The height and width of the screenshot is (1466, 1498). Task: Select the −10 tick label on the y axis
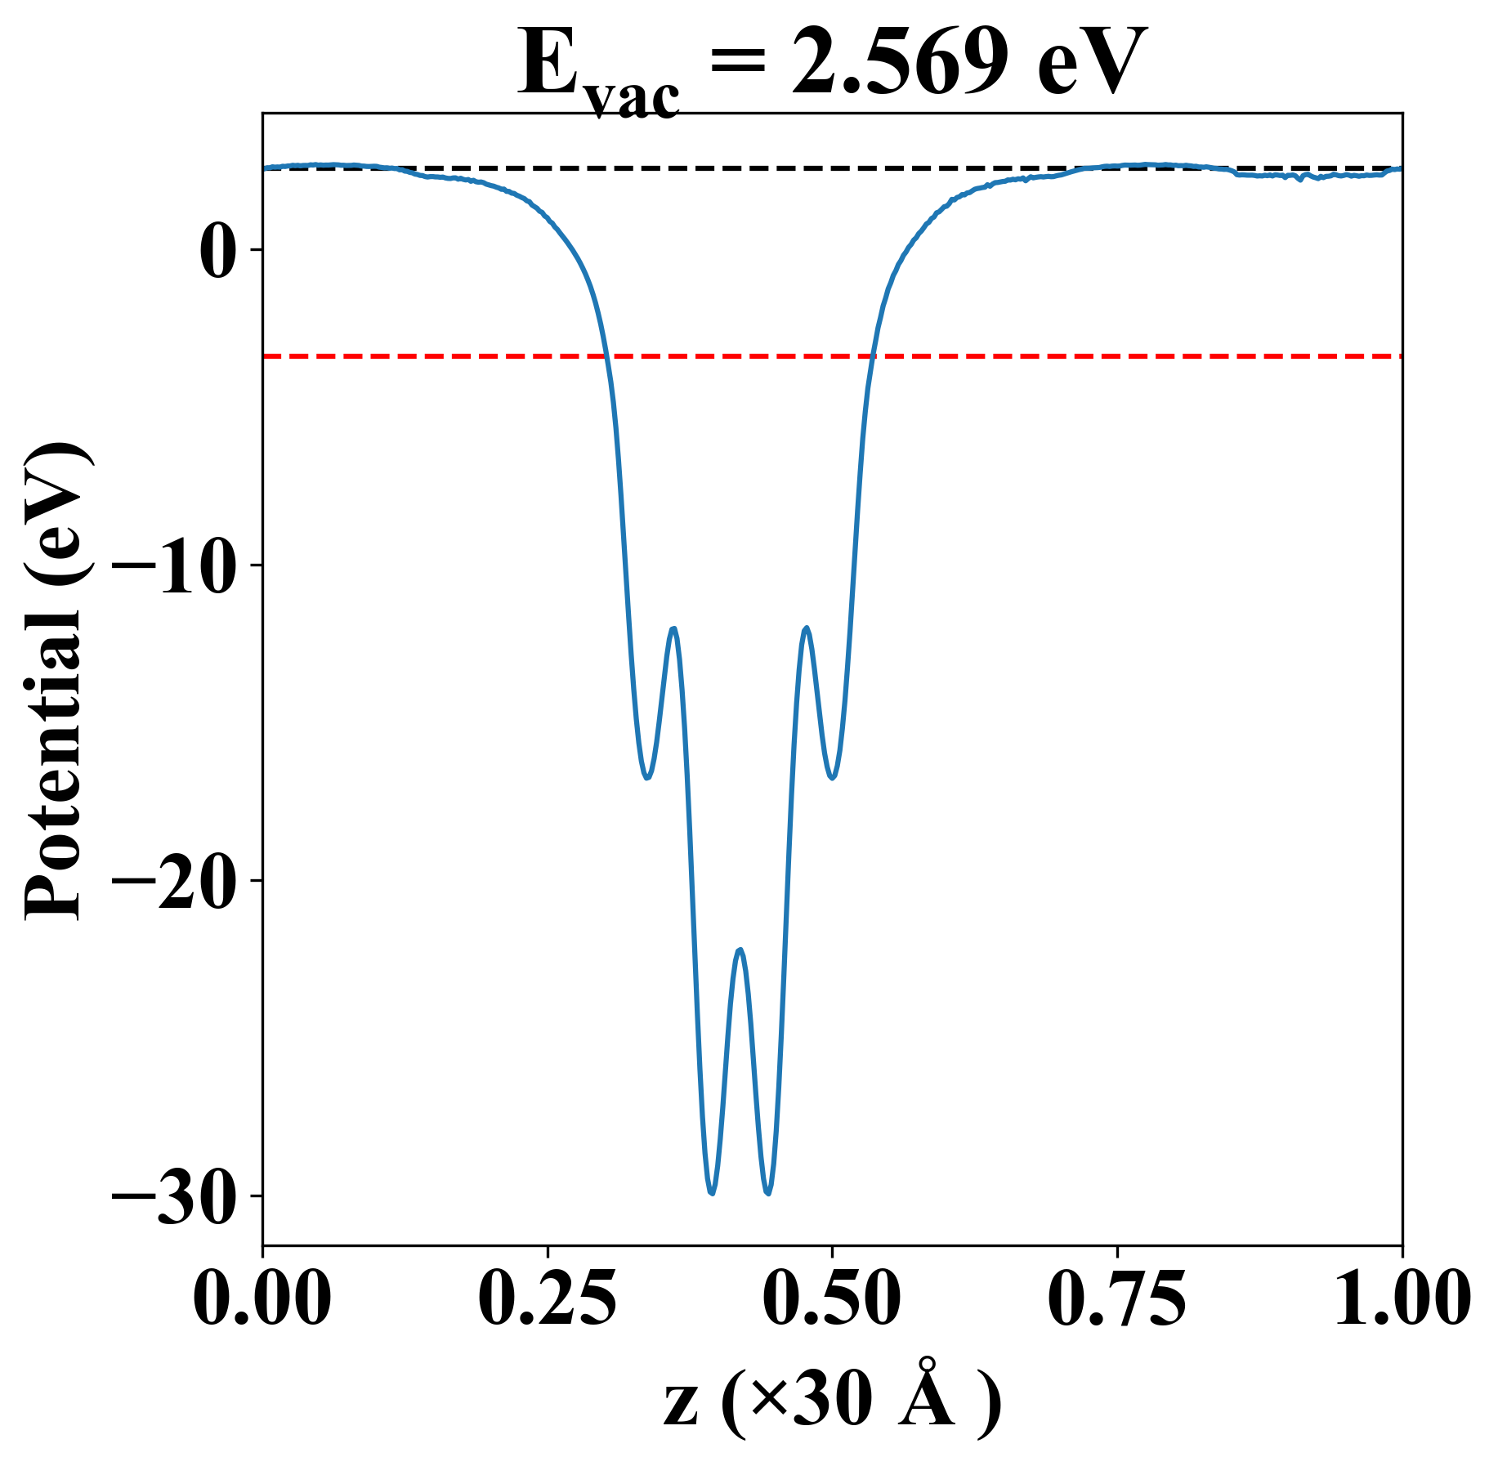(177, 565)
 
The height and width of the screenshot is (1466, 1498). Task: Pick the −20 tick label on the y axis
(177, 881)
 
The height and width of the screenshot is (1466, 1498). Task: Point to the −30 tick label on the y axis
(177, 1196)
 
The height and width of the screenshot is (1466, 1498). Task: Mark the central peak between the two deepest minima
(740, 950)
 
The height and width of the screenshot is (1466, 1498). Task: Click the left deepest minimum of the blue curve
(713, 1193)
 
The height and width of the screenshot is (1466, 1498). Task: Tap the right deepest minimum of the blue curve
(768, 1193)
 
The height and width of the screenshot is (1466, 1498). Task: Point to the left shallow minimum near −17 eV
(646, 777)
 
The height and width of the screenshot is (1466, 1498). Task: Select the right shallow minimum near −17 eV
(833, 777)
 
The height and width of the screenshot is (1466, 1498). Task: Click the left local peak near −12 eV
(673, 628)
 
